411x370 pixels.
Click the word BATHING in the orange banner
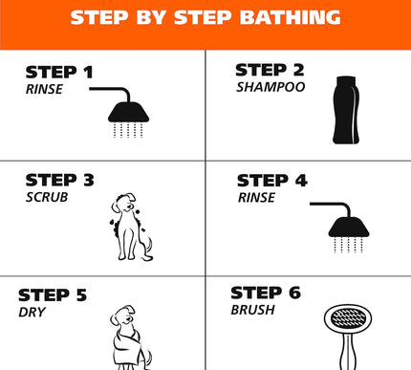pos(291,17)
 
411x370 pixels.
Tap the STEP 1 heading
pos(59,72)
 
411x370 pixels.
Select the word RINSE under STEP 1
pos(44,89)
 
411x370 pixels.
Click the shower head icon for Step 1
pos(128,112)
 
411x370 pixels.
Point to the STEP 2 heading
pos(270,70)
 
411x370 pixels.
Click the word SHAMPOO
pos(270,87)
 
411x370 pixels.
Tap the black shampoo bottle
pos(346,110)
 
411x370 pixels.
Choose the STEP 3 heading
pos(60,180)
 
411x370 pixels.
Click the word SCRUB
pos(47,197)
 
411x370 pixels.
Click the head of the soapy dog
pos(124,203)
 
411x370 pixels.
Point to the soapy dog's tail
pos(148,249)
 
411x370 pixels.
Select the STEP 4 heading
pos(272,181)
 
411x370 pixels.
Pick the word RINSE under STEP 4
pos(256,198)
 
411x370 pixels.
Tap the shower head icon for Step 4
pos(349,227)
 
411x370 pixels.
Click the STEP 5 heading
pos(53,295)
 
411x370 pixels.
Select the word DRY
pos(32,313)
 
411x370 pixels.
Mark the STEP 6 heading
pos(266,293)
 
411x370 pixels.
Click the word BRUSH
pos(253,310)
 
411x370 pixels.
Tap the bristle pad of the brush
pos(348,318)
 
